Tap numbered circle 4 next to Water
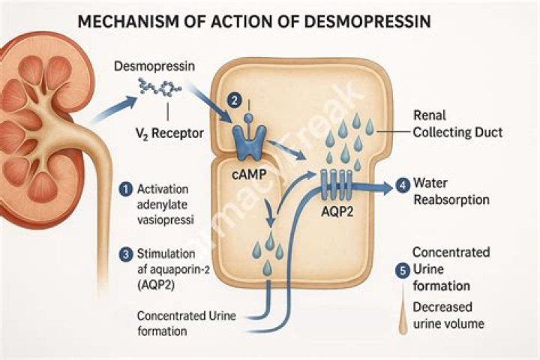(x=403, y=184)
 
